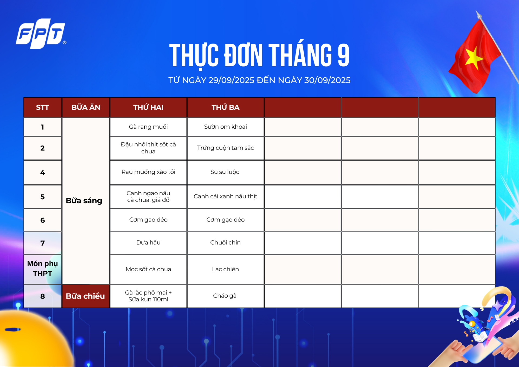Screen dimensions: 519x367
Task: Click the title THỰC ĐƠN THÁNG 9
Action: pos(259,55)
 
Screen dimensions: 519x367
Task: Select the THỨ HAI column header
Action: pos(148,107)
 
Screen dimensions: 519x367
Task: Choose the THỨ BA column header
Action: pos(225,107)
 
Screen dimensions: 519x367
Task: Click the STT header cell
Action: pos(42,107)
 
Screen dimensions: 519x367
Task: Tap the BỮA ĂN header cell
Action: pos(86,107)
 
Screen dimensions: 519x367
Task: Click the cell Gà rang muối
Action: pos(148,127)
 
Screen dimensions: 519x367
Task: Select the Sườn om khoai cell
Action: pos(225,127)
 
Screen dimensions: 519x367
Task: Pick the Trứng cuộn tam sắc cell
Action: pos(225,148)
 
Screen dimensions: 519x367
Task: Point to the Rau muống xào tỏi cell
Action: pos(148,172)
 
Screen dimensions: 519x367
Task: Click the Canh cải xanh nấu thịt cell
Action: pos(225,196)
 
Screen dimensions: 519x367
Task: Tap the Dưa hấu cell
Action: pos(148,243)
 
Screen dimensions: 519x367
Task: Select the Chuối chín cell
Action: pos(225,243)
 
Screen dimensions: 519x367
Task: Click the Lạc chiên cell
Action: pos(225,269)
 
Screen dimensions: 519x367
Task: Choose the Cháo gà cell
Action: pos(225,296)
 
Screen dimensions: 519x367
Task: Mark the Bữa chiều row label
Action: pos(86,296)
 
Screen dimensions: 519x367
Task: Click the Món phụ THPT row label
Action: pos(42,269)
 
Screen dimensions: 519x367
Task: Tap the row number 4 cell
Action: pos(42,172)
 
